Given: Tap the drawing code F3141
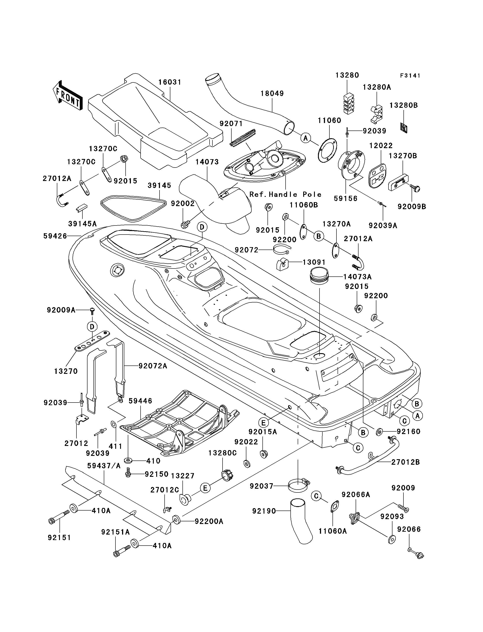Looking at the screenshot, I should (410, 76).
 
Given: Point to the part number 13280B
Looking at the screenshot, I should (403, 105).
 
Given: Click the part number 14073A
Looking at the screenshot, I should (357, 277).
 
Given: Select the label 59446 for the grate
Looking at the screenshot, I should (140, 401).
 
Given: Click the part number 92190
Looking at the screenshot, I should (264, 511).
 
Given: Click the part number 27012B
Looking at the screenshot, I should (405, 462).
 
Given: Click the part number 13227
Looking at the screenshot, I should (183, 476).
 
